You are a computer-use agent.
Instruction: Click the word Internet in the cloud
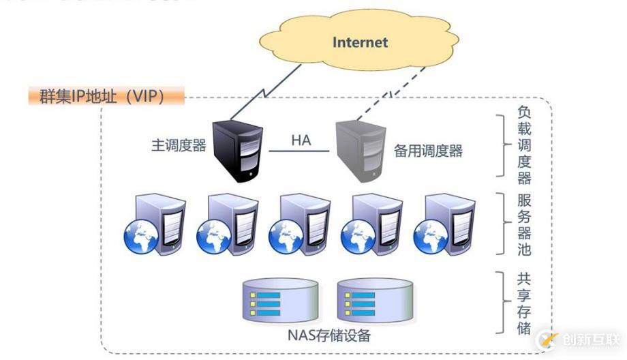click(360, 42)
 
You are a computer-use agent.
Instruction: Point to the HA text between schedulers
click(301, 140)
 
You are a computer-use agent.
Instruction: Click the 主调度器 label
click(179, 145)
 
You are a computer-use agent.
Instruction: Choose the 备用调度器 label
click(428, 151)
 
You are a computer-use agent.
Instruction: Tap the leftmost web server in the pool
click(155, 224)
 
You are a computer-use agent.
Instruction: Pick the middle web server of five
click(300, 224)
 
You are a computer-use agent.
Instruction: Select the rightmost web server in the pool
click(444, 224)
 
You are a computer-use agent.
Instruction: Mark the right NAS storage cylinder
click(374, 301)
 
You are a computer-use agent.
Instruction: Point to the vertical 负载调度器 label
click(523, 145)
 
